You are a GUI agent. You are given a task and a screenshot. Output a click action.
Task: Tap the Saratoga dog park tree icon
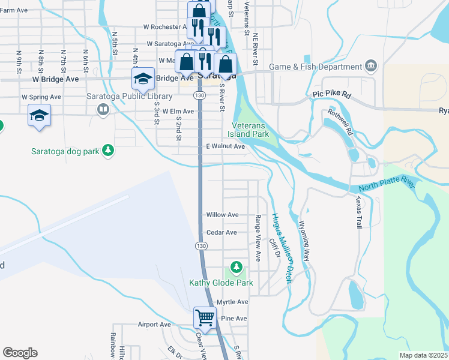tap(108, 150)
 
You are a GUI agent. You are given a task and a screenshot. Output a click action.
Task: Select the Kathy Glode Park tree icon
tap(237, 266)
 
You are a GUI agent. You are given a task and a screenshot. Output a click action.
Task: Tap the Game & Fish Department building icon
tap(370, 65)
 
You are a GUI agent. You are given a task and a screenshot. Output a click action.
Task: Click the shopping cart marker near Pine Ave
tap(205, 317)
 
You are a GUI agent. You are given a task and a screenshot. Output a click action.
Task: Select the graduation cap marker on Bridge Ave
tap(143, 77)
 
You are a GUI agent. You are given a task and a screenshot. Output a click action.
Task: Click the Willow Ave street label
tap(222, 215)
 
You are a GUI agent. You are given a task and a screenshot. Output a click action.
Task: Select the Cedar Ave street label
tap(221, 232)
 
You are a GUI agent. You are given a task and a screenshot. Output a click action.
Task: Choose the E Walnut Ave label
tap(225, 146)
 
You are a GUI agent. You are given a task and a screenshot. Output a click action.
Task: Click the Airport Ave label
tap(154, 325)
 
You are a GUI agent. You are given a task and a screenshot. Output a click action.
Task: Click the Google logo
tap(20, 353)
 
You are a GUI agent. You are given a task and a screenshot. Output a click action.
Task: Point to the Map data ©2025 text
tap(423, 355)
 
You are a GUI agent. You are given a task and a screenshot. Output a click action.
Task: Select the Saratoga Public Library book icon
tap(103, 110)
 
